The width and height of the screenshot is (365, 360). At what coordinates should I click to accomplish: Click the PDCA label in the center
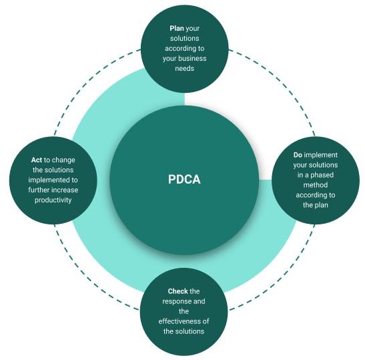(x=184, y=180)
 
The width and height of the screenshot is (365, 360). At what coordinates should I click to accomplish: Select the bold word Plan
(x=177, y=29)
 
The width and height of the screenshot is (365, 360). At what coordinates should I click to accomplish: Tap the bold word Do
(x=298, y=155)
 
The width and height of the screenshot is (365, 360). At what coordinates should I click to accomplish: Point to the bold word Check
(x=178, y=291)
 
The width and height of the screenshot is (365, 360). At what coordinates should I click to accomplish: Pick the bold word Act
(x=37, y=160)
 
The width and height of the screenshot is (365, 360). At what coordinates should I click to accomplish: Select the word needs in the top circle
(x=184, y=69)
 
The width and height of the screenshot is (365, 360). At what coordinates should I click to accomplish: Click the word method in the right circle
(x=316, y=185)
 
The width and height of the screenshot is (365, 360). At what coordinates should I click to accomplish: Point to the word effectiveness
(x=180, y=321)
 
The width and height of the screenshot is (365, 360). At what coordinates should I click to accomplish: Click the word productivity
(x=53, y=200)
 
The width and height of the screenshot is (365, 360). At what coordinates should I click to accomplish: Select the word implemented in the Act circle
(x=47, y=180)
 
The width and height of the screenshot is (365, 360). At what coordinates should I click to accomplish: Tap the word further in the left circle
(x=39, y=190)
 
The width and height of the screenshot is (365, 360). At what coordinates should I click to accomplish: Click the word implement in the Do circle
(x=321, y=155)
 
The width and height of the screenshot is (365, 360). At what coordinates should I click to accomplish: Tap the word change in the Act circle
(x=63, y=160)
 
